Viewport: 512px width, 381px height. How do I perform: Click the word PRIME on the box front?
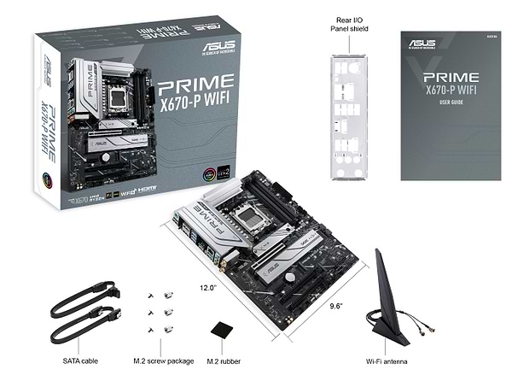pos(195,83)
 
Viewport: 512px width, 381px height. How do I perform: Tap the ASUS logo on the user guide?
pos(423,44)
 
